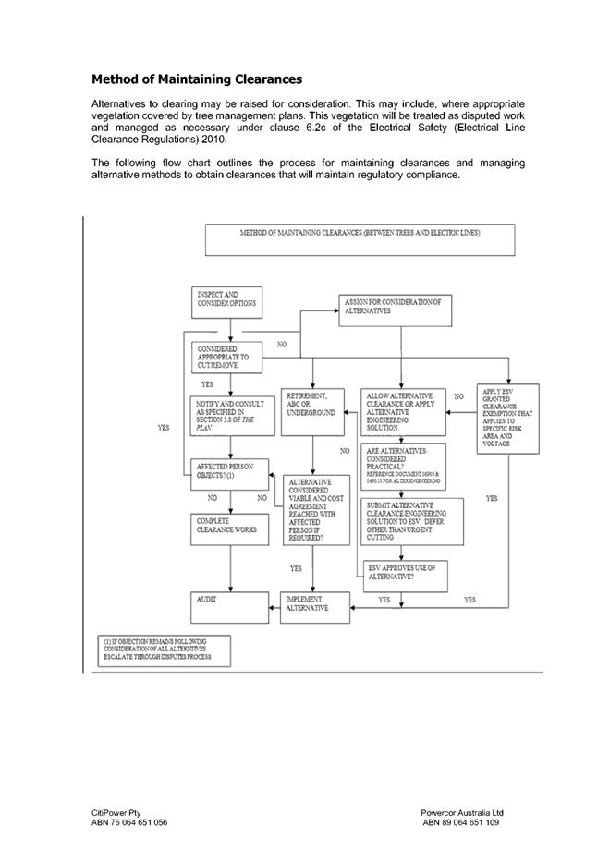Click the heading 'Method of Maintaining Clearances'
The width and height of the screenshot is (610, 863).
point(197,79)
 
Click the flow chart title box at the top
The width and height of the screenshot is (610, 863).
point(360,238)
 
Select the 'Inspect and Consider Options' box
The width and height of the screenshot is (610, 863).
point(227,301)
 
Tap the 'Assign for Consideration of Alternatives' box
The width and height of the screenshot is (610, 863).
point(398,311)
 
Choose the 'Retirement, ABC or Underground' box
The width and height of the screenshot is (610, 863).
point(314,407)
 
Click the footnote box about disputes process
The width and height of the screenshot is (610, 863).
point(165,650)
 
